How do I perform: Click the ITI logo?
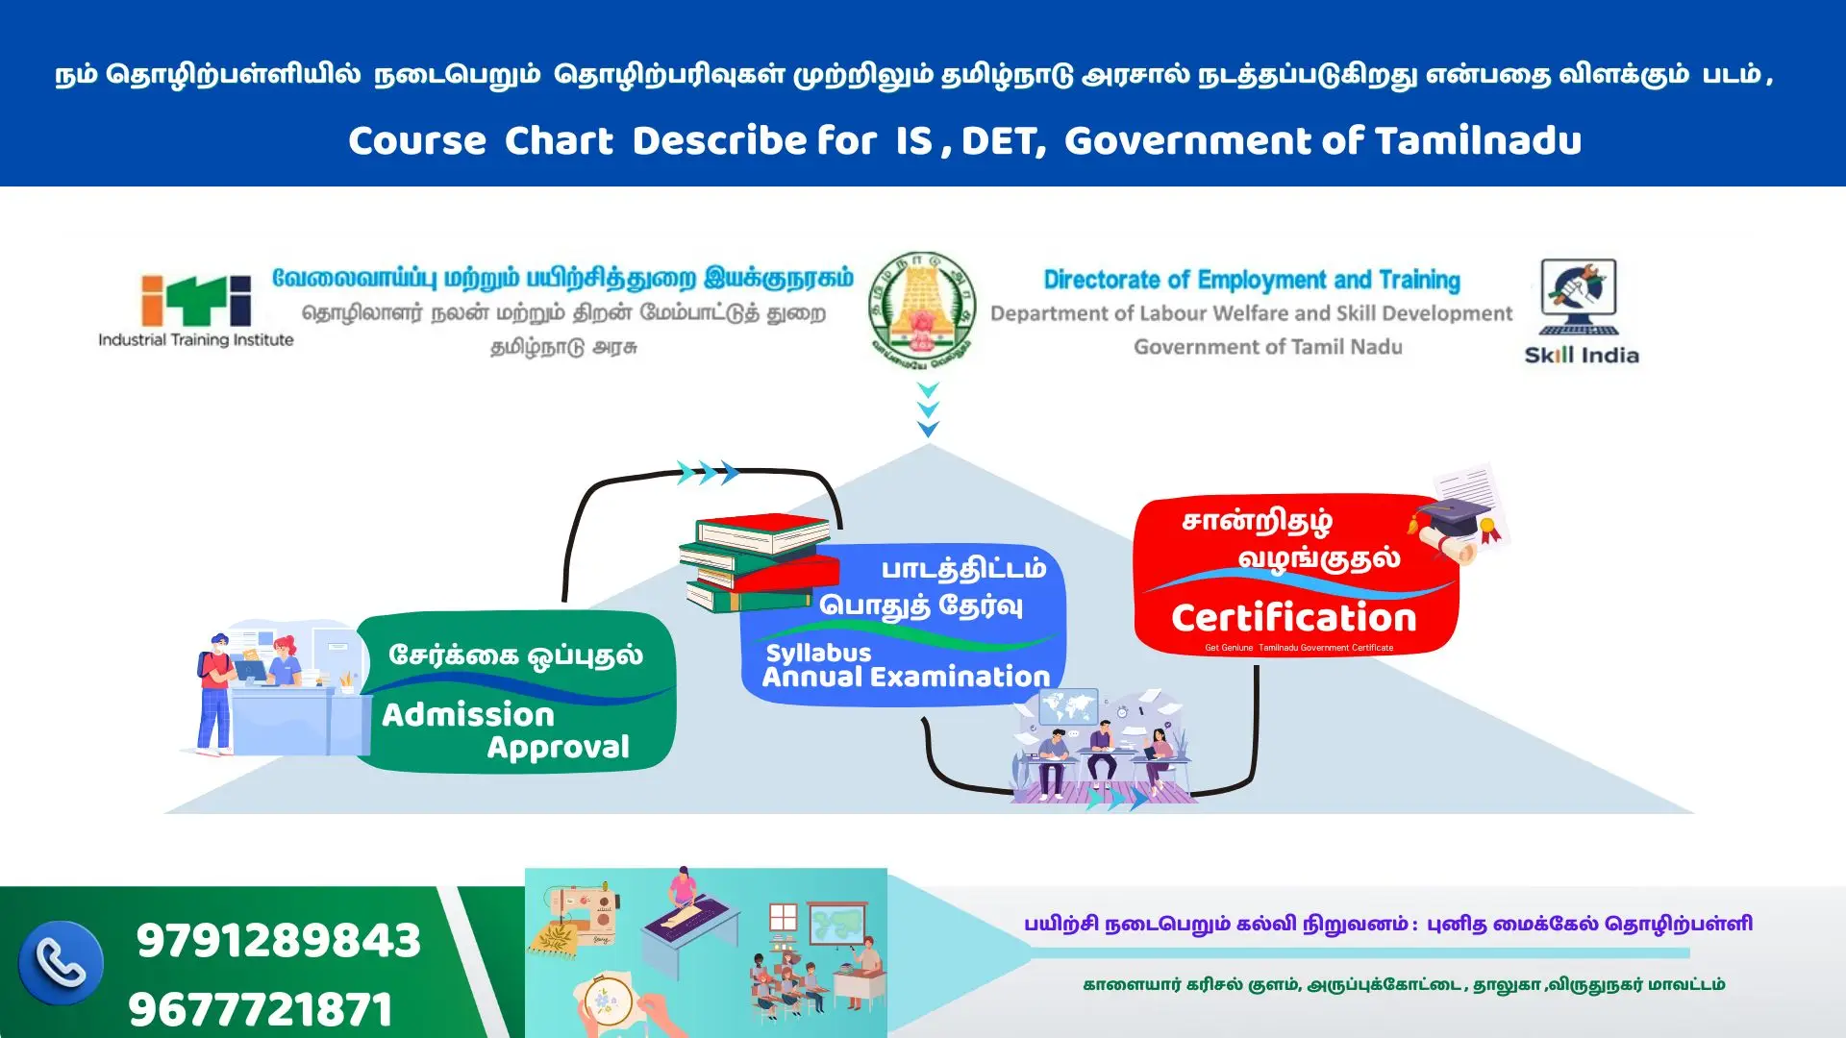(x=196, y=300)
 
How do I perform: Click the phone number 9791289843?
(x=279, y=940)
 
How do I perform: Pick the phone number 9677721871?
(x=261, y=1009)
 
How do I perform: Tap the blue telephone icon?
(x=61, y=962)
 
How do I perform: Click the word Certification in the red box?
(x=1293, y=618)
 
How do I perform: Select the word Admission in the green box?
(x=468, y=715)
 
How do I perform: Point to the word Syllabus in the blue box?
(x=818, y=654)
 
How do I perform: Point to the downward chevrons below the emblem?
(x=928, y=409)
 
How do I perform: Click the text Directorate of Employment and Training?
(x=1252, y=280)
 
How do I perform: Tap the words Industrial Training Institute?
(x=196, y=339)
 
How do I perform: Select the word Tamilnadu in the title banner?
(x=1478, y=141)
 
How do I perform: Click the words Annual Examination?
(x=906, y=677)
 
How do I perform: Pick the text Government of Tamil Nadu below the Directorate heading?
(x=1267, y=347)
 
